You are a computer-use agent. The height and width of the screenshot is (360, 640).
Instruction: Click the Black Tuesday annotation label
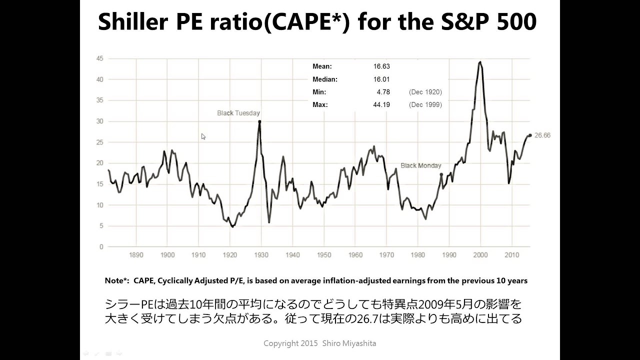[238, 113]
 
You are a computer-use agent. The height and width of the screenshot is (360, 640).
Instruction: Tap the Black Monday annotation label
[421, 165]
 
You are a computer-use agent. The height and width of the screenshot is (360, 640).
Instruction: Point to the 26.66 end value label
[542, 135]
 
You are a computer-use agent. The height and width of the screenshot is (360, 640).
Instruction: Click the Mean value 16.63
[381, 66]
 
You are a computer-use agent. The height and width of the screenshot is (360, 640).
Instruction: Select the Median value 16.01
[381, 79]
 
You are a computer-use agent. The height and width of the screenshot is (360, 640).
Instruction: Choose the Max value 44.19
[381, 105]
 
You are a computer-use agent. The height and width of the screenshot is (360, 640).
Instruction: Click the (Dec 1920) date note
[425, 92]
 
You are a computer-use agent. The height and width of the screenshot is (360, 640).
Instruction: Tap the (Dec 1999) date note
[425, 105]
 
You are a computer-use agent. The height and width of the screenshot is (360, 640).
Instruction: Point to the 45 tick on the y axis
[100, 58]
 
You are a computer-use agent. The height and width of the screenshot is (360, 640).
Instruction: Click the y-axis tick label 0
[101, 247]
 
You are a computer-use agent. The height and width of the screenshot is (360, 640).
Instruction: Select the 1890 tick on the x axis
[136, 255]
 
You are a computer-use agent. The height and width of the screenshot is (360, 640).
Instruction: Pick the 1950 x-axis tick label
[324, 255]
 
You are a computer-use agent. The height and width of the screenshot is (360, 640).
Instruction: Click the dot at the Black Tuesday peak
[259, 121]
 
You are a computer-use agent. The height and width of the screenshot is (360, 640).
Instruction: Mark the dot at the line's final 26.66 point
[530, 135]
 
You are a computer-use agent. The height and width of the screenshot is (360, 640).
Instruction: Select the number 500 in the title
[516, 22]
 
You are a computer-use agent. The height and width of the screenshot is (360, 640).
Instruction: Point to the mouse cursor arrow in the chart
[203, 136]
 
